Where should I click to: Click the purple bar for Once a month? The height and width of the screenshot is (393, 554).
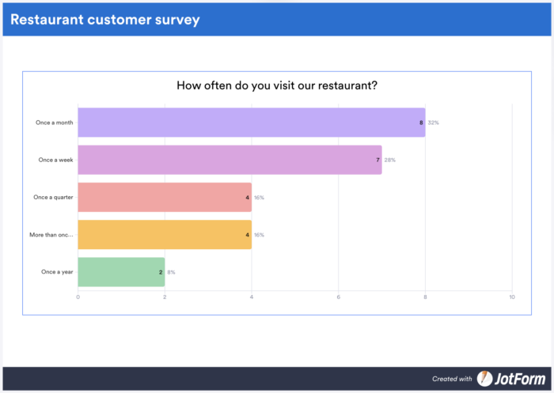point(251,123)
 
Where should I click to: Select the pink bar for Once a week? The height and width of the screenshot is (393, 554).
point(230,160)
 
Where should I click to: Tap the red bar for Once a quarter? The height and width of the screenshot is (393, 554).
point(165,197)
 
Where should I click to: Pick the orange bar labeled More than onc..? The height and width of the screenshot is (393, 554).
point(165,235)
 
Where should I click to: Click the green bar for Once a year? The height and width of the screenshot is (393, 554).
point(121,272)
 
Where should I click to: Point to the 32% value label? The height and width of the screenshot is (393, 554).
point(434,123)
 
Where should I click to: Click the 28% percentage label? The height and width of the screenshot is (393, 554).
point(390,160)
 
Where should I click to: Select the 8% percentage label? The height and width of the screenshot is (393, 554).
point(171,272)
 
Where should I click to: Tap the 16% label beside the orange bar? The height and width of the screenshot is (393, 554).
point(259,235)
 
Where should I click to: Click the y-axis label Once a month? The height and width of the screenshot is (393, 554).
point(55,123)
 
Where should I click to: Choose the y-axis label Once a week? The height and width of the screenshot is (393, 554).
point(56,160)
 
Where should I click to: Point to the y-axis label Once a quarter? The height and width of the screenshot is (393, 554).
point(54,197)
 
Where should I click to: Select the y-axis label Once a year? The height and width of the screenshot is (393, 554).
point(58,272)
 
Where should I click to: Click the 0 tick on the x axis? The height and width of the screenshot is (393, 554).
point(78,297)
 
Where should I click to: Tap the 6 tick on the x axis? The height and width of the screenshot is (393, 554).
point(339,297)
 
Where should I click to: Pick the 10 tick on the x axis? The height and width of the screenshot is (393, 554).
point(512,297)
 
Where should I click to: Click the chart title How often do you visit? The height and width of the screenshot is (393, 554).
point(276,85)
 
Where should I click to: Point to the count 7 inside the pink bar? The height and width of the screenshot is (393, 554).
point(378,160)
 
